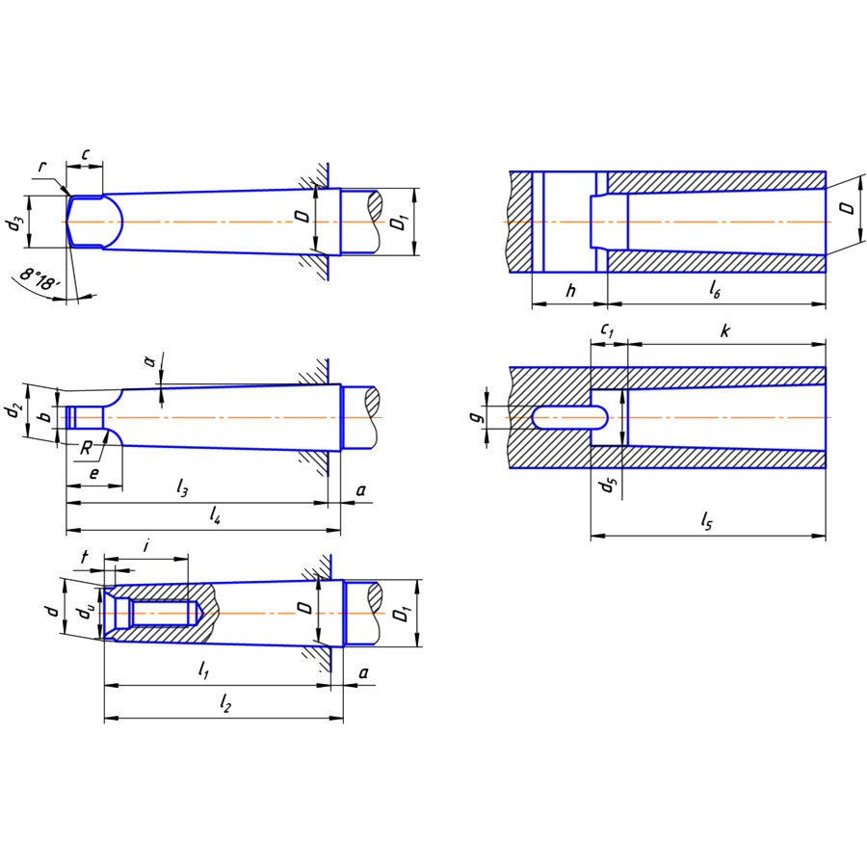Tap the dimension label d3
pos(13,223)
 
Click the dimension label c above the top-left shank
pos(85,154)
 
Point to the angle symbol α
pos(149,360)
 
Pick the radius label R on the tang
pos(87,448)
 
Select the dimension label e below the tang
pos(93,475)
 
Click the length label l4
pos(216,518)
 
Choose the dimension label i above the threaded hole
pos(145,545)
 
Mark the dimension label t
pos(85,557)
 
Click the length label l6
pos(715,289)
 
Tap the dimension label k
pos(724,331)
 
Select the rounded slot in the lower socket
pos(568,417)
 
